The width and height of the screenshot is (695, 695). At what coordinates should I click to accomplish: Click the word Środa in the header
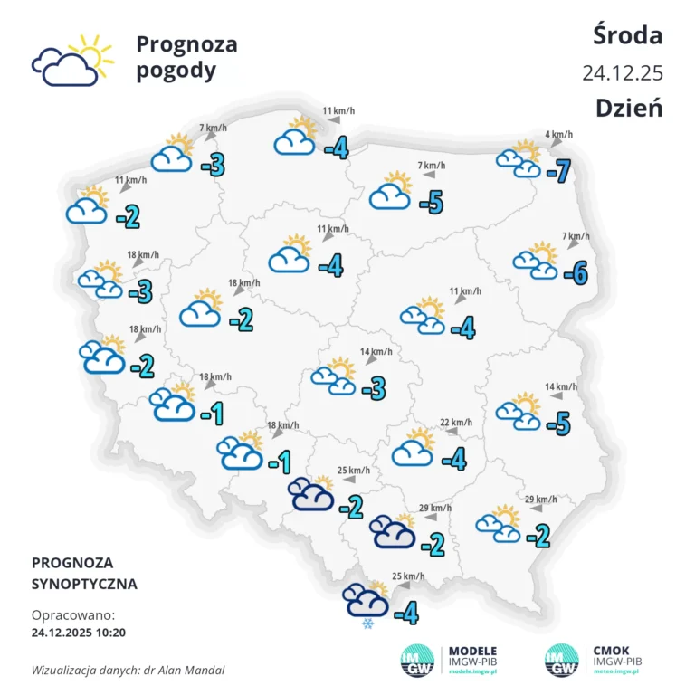(x=628, y=35)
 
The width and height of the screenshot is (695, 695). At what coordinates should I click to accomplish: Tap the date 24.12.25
(x=623, y=71)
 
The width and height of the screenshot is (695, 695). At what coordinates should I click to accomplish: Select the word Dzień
(x=629, y=108)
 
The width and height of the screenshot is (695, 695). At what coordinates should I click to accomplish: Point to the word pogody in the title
(x=176, y=71)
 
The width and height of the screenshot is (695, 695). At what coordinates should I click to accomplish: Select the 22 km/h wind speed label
(x=456, y=422)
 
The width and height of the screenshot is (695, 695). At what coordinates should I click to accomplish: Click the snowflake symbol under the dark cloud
(x=367, y=624)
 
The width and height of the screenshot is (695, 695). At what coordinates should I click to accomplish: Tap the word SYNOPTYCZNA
(x=84, y=584)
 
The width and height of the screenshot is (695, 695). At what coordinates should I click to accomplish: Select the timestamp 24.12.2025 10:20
(x=79, y=631)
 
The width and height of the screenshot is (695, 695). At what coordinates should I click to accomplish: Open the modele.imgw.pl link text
(x=472, y=672)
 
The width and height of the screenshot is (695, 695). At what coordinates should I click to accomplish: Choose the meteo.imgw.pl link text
(x=619, y=672)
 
